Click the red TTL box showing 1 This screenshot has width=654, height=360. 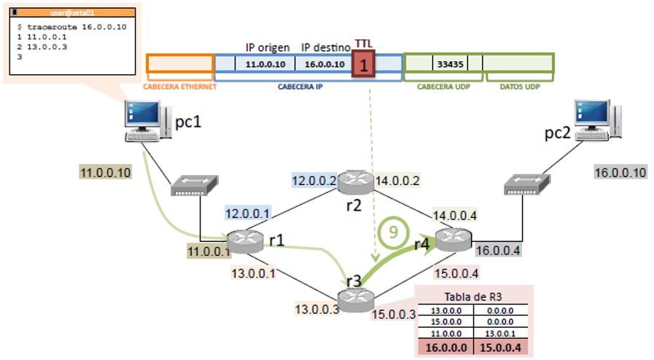tap(365, 64)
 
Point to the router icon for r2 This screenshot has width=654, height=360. tap(354, 181)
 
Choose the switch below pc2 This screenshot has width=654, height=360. tap(523, 187)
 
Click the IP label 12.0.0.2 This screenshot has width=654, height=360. tap(313, 180)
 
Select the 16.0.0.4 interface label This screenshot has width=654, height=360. tap(499, 251)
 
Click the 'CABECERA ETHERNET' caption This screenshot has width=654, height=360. tap(180, 86)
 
